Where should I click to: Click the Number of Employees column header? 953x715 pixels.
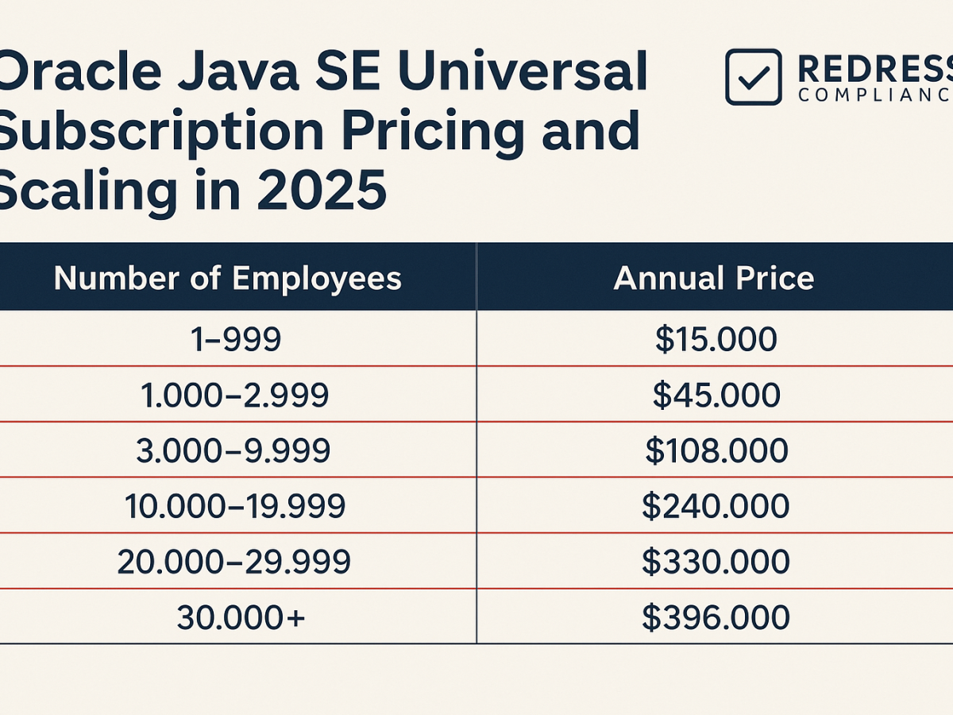pos(227,278)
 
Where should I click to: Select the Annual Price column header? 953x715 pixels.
pos(714,278)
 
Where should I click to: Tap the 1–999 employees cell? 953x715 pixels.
pos(236,339)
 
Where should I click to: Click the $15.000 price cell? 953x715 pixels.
pos(716,339)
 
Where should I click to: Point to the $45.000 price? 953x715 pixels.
pos(716,395)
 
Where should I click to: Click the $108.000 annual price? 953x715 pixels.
pos(716,450)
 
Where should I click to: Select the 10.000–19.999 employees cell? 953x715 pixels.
pos(235,506)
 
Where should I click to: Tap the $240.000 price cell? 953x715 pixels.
pos(716,506)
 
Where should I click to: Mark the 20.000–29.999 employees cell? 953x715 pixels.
pos(233,562)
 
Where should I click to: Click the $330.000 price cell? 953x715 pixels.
pos(716,562)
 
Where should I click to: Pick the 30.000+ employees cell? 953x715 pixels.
pos(241,617)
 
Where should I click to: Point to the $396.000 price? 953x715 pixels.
pos(716,617)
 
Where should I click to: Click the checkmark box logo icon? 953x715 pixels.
pos(753,77)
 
